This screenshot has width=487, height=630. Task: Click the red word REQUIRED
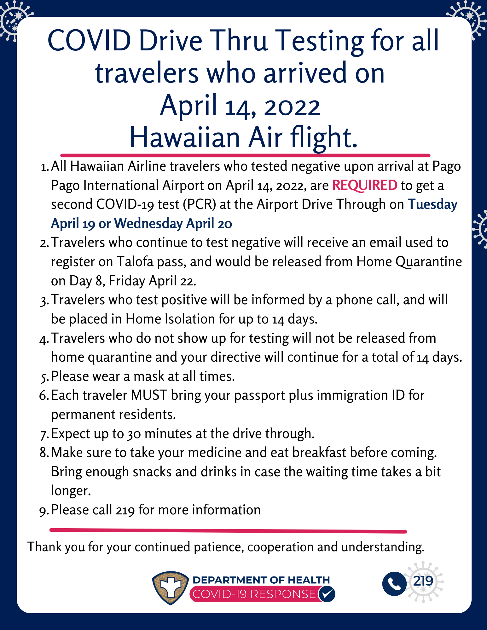click(365, 185)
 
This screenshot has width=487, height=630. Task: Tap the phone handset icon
click(394, 583)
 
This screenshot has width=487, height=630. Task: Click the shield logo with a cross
click(171, 587)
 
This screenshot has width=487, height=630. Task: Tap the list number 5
click(44, 377)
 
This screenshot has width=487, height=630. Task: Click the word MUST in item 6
click(149, 395)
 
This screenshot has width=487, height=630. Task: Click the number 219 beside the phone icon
click(423, 581)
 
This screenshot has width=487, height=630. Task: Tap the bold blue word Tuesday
click(432, 204)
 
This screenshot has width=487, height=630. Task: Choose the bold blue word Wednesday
click(148, 224)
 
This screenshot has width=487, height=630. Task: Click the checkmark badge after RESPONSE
click(327, 594)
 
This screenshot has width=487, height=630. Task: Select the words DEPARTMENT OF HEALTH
click(261, 580)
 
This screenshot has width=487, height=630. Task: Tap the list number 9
click(44, 511)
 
